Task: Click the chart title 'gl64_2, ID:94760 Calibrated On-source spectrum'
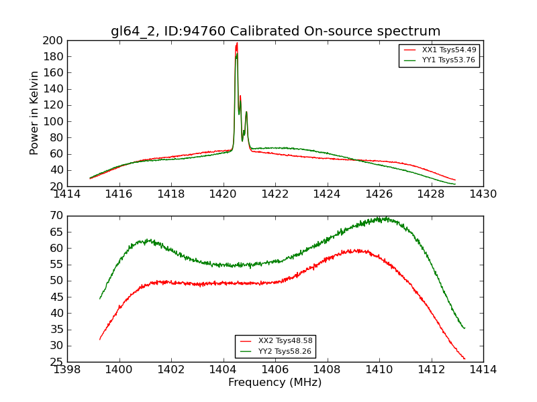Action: (x=275, y=31)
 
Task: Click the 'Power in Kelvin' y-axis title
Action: (x=34, y=113)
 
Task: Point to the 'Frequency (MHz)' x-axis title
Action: (x=275, y=383)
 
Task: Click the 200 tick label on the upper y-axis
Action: (x=53, y=41)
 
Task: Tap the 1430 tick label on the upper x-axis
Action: (x=483, y=194)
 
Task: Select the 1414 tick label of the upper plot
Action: (x=67, y=194)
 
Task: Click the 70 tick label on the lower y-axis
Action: (x=56, y=216)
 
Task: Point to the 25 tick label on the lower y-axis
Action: (x=56, y=362)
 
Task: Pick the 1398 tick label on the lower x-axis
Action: (x=67, y=370)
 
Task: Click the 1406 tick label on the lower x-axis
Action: (x=275, y=370)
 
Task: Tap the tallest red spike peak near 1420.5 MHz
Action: (x=236, y=44)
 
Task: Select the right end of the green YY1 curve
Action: (x=455, y=184)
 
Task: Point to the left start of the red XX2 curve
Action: (x=99, y=339)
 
